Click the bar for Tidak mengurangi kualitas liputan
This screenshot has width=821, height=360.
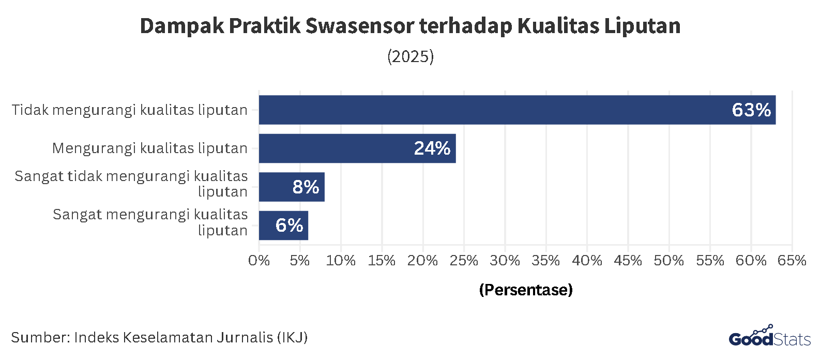coord(517,110)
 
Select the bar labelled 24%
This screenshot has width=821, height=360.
coord(357,148)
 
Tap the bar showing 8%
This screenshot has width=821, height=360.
coord(292,187)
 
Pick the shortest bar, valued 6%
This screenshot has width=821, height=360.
coord(283,226)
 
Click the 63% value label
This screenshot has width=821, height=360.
coord(751,110)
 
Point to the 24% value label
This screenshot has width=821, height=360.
coord(432,148)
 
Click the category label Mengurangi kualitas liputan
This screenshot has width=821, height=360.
coord(150,148)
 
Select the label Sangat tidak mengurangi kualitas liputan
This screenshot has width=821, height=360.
coord(131,184)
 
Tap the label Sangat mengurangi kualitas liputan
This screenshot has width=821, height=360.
coord(150,222)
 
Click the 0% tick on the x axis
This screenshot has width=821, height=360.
coord(259,261)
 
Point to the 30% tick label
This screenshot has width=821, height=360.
coord(505,261)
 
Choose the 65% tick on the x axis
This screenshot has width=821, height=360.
coord(792,261)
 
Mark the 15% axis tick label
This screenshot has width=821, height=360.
coord(382,261)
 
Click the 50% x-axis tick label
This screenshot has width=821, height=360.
coord(668,261)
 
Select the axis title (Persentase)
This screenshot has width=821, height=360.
coord(526,290)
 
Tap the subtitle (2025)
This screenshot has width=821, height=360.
coord(410,56)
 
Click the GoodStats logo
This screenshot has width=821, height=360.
coord(769,337)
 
